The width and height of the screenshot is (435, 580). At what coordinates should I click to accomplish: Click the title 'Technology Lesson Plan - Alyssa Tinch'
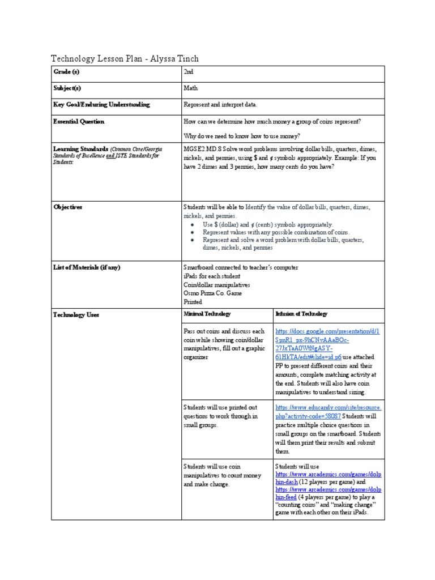click(125, 59)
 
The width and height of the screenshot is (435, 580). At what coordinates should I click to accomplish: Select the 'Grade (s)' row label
click(66, 72)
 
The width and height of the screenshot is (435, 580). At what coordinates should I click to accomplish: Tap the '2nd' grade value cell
click(189, 72)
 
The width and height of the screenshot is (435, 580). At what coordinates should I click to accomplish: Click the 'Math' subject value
click(190, 88)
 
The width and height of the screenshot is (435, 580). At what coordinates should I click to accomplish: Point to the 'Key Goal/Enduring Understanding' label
click(101, 105)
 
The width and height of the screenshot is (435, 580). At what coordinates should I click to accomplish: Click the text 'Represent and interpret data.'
click(220, 105)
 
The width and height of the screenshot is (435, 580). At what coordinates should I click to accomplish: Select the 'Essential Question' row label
click(78, 121)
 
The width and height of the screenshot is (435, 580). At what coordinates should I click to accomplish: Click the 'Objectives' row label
click(67, 207)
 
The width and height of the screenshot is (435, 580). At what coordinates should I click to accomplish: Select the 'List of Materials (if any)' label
click(86, 267)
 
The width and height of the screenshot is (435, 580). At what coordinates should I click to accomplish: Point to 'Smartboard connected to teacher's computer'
click(241, 267)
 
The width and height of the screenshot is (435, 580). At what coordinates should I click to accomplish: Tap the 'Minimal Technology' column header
click(207, 314)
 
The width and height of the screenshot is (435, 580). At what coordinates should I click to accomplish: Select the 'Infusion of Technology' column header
click(301, 314)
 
